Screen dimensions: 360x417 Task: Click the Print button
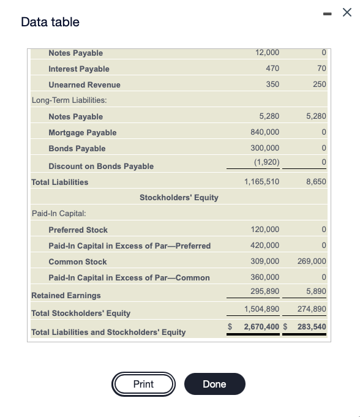tap(143, 384)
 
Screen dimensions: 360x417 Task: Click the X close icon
tap(347, 13)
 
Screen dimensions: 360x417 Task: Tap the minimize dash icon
tap(324, 13)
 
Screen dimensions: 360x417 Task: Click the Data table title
tap(50, 22)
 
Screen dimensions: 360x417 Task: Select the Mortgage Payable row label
tap(82, 132)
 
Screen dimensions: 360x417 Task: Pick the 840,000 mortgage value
tap(264, 132)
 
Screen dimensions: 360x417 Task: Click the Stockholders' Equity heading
tap(179, 197)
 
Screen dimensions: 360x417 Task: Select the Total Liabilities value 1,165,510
tap(261, 182)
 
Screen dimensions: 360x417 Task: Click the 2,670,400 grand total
tap(261, 327)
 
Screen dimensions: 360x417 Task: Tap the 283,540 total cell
tap(312, 327)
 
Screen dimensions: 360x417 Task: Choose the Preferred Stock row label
tap(78, 230)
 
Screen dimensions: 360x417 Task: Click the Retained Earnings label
tap(66, 295)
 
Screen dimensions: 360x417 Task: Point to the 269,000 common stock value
tap(312, 261)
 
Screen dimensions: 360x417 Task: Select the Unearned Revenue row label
tap(84, 85)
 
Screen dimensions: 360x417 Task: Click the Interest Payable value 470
tap(272, 69)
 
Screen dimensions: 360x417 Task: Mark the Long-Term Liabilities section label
tap(69, 100)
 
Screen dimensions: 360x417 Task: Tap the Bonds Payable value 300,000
tap(264, 148)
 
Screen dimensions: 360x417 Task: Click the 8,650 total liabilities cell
tap(316, 182)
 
